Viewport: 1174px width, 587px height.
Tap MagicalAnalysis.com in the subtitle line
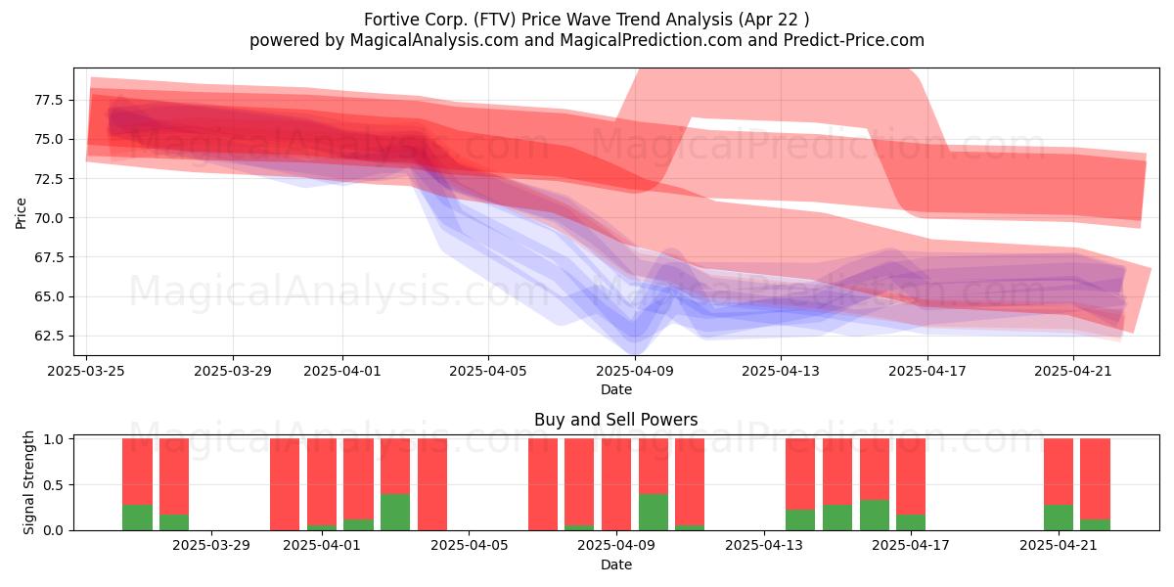434,40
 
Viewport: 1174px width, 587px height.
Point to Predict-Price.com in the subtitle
854,40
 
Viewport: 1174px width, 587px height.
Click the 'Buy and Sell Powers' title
615,420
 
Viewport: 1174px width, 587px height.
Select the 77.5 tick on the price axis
48,100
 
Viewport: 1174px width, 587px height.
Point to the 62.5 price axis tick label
48,336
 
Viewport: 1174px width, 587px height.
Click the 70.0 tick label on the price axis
48,217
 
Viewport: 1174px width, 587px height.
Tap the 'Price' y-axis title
21,213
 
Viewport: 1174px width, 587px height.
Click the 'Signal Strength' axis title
28,482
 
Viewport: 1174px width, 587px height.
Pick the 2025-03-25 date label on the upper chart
86,371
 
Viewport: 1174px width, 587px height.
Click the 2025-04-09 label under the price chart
635,371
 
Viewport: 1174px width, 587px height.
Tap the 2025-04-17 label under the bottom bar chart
911,546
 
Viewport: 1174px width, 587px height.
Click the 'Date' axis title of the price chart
615,389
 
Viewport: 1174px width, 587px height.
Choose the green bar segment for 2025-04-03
395,512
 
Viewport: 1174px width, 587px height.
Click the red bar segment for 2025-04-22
1095,479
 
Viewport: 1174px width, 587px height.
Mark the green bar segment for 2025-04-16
875,516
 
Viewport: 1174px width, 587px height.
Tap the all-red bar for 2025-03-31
285,484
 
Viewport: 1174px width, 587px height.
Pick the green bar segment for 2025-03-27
174,522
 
